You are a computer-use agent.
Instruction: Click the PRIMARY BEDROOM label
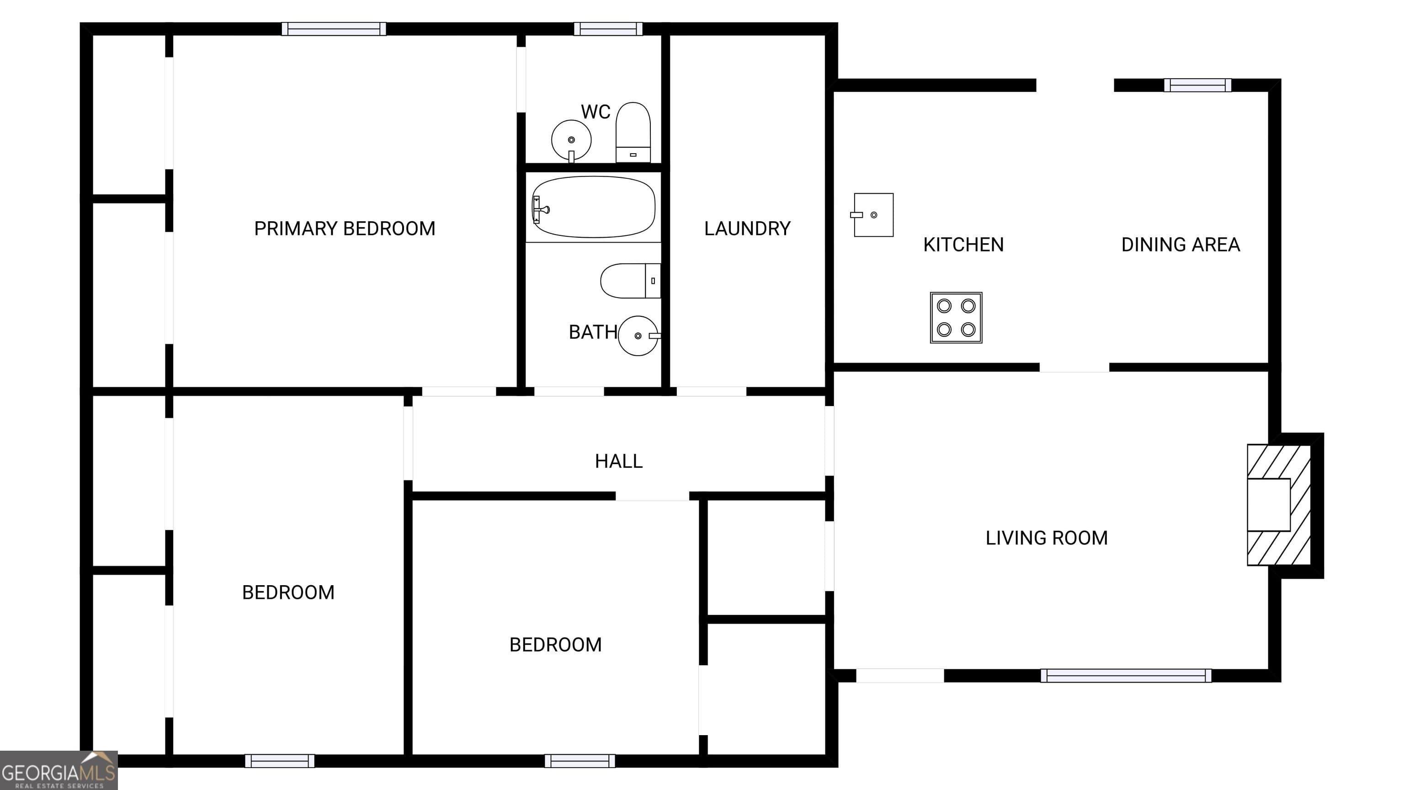(x=345, y=229)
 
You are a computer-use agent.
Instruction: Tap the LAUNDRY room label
(x=747, y=229)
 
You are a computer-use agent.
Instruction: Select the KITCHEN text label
(x=963, y=245)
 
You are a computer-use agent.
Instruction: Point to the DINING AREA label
(x=1181, y=245)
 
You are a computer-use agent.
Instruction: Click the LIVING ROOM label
(x=1047, y=538)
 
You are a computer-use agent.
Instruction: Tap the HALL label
(x=619, y=461)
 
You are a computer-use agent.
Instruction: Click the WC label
(x=595, y=112)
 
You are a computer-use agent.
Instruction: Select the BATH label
(x=593, y=332)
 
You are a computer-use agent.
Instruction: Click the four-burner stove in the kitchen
(x=956, y=317)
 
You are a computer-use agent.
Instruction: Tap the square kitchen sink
(x=872, y=215)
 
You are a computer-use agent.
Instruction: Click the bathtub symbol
(x=594, y=207)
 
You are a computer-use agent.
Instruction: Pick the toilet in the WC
(x=633, y=133)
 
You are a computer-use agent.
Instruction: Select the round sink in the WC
(x=571, y=141)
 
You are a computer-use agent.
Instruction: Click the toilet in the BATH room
(x=631, y=281)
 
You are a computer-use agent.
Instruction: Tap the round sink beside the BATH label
(x=639, y=336)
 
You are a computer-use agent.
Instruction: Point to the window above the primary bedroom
(x=334, y=29)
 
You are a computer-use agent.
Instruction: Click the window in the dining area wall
(x=1197, y=85)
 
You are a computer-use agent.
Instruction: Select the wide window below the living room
(x=1126, y=676)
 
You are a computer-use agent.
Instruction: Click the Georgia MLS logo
(x=59, y=770)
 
